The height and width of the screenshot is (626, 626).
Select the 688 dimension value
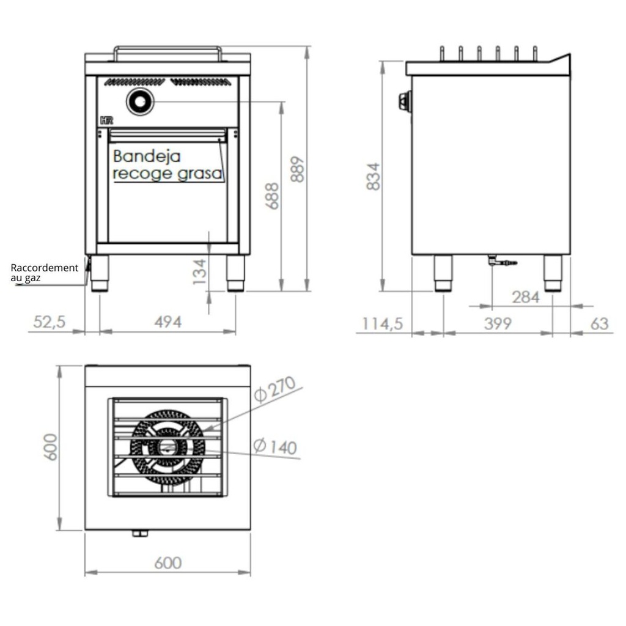[273, 196]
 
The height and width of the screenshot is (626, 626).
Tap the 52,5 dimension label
[50, 322]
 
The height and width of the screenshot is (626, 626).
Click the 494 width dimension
[167, 322]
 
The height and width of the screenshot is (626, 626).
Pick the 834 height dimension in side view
[374, 175]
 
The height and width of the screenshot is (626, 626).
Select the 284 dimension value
[526, 297]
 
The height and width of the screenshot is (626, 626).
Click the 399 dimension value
[497, 323]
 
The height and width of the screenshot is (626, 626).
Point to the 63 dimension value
[600, 323]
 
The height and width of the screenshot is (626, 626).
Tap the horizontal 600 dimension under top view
[167, 562]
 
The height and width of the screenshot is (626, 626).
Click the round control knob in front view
[140, 101]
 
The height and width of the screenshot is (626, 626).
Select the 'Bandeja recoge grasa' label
[167, 165]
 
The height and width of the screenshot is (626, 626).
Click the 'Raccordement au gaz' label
[44, 273]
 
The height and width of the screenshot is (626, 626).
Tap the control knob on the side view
[404, 101]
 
